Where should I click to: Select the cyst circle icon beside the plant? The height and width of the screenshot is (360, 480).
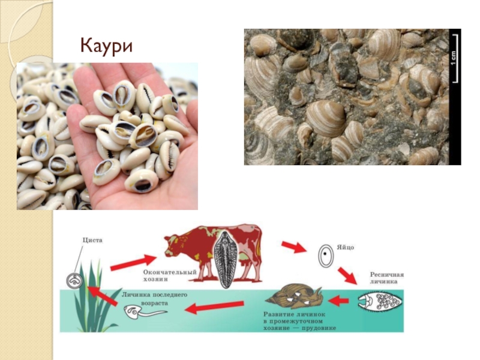(x=74, y=280)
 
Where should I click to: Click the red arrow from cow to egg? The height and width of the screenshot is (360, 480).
(x=293, y=246)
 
